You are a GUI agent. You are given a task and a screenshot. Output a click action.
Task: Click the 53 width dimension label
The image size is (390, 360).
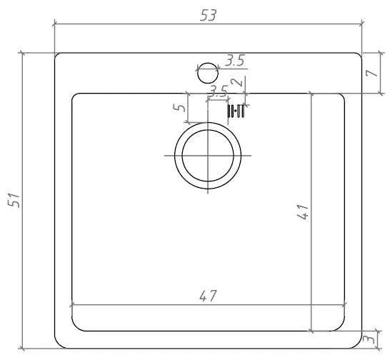tap(209, 16)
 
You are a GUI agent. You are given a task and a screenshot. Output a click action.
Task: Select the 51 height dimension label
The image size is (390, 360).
tap(14, 200)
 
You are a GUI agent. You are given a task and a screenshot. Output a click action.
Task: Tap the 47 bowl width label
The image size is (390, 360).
tap(209, 296)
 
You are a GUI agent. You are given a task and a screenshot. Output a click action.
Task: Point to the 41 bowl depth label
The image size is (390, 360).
tap(303, 212)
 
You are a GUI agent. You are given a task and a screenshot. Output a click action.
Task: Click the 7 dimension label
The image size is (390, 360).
tap(372, 73)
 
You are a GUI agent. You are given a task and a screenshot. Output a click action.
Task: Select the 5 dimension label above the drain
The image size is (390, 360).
tap(179, 107)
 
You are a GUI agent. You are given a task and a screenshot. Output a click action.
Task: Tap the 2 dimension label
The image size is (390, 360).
tap(236, 82)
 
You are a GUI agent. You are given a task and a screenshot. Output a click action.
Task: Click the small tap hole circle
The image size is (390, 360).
tap(208, 73)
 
